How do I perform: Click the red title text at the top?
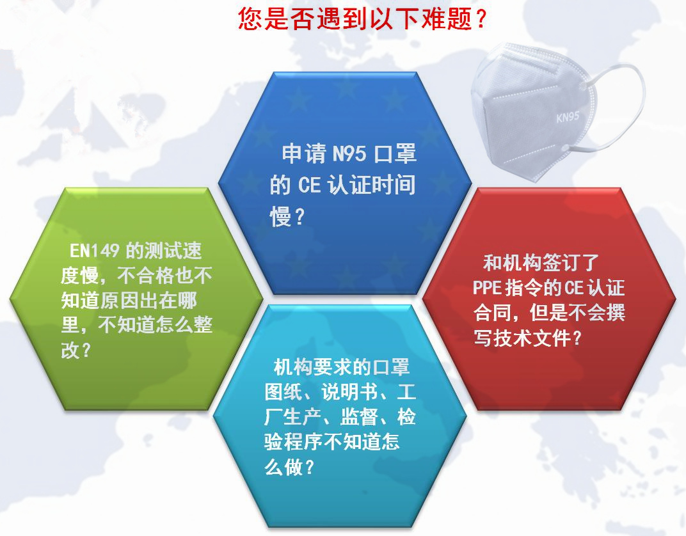click(x=363, y=20)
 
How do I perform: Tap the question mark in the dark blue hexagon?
click(x=298, y=217)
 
